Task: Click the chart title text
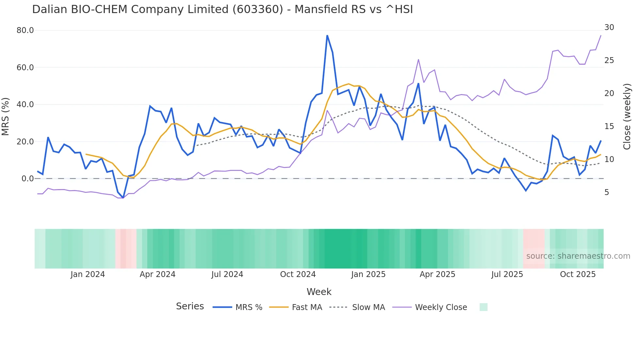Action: click(222, 9)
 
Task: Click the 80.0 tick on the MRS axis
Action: click(25, 30)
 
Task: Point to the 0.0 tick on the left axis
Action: click(27, 179)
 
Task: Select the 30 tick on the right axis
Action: click(609, 27)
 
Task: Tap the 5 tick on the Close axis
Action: click(607, 192)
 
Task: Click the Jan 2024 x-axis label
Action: click(88, 274)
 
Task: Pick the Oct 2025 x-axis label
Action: click(578, 274)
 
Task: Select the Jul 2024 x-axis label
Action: click(227, 274)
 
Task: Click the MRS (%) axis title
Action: click(6, 116)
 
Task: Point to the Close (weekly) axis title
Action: click(627, 116)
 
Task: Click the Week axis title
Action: click(319, 292)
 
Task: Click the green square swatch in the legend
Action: click(483, 307)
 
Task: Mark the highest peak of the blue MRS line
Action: click(327, 36)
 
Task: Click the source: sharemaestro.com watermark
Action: click(578, 256)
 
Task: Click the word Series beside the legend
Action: click(190, 306)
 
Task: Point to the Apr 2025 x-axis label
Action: click(437, 274)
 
